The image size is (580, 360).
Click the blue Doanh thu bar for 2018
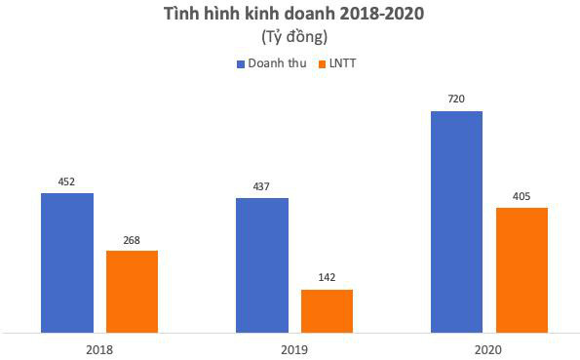pyautogui.click(x=66, y=262)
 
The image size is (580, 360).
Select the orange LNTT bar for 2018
pyautogui.click(x=132, y=291)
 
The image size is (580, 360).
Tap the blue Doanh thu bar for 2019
pyautogui.click(x=261, y=264)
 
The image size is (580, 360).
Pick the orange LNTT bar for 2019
pyautogui.click(x=327, y=310)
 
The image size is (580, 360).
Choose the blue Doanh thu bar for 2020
pyautogui.click(x=456, y=221)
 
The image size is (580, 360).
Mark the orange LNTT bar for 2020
pyautogui.click(x=522, y=269)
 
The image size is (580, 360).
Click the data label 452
pyautogui.click(x=66, y=181)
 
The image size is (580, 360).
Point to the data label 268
pyautogui.click(x=132, y=239)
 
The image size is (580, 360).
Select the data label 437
pyautogui.click(x=261, y=186)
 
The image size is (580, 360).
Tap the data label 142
pyautogui.click(x=327, y=278)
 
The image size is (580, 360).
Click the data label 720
pyautogui.click(x=456, y=100)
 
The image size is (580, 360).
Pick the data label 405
pyautogui.click(x=522, y=196)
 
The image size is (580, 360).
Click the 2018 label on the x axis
pyautogui.click(x=99, y=347)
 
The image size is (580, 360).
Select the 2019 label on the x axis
pyautogui.click(x=293, y=347)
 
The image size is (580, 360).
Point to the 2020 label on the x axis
pyautogui.click(x=488, y=347)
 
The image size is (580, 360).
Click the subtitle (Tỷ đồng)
pyautogui.click(x=293, y=38)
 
